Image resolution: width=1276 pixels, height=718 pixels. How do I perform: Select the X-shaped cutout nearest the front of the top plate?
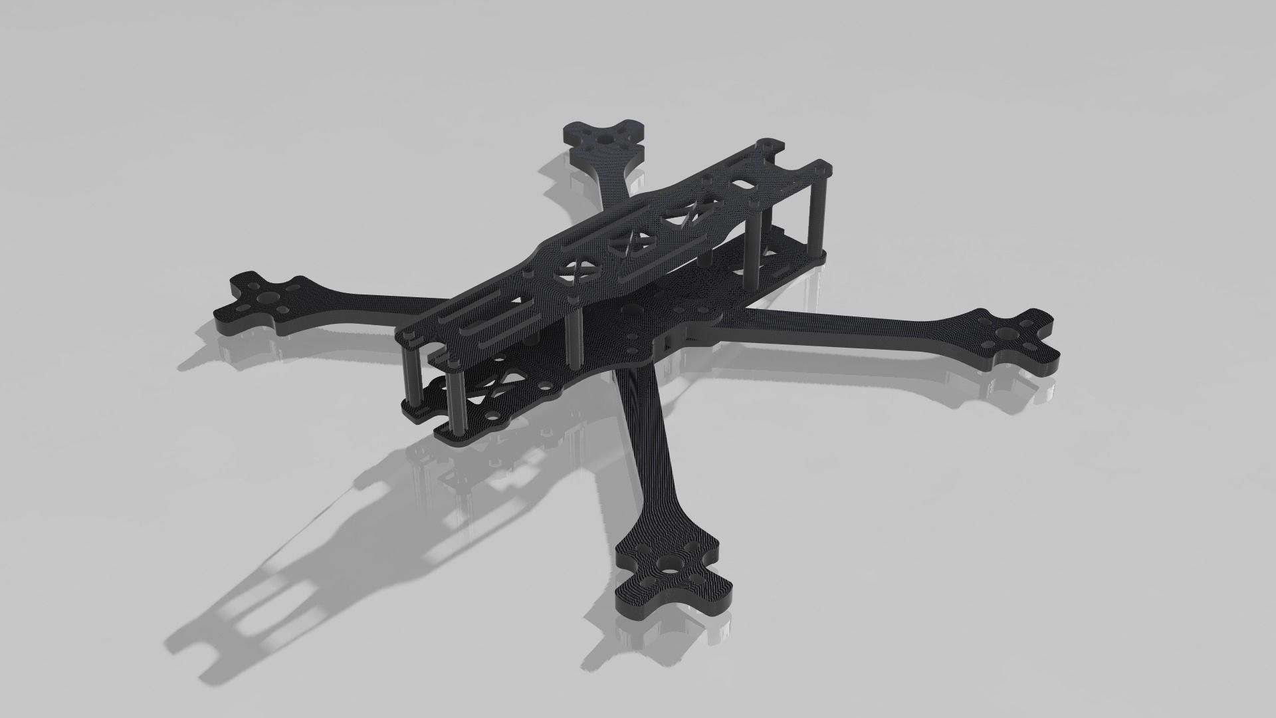pos(578,271)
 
